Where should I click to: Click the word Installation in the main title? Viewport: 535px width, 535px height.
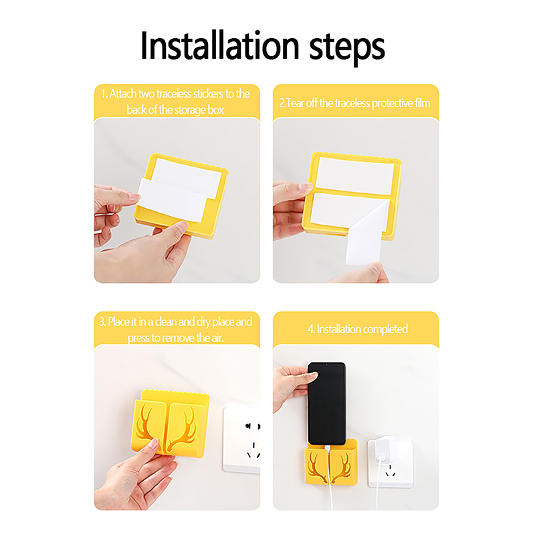(220, 45)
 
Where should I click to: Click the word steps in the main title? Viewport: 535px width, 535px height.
(347, 47)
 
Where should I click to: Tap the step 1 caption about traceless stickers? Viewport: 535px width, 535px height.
(175, 102)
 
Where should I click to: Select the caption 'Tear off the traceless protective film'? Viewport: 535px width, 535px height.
(355, 103)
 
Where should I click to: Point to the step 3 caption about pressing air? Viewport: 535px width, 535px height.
(176, 330)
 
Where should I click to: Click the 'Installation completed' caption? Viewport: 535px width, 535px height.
(358, 329)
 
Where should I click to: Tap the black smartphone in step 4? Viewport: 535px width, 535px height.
(327, 404)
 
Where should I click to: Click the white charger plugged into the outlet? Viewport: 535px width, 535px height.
(384, 448)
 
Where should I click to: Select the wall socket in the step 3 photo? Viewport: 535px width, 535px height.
(241, 439)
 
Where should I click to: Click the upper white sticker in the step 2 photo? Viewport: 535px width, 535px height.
(355, 176)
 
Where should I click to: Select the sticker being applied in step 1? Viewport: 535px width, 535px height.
(173, 200)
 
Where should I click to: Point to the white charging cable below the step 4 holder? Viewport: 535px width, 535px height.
(330, 497)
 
